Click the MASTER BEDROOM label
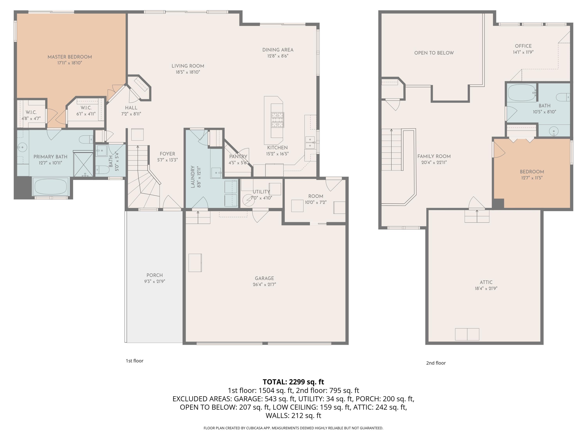(70, 57)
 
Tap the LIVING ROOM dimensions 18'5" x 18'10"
(188, 72)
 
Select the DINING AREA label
(278, 50)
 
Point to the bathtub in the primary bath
(51, 186)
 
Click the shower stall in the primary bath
(83, 164)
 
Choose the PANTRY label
(238, 157)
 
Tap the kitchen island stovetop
(277, 120)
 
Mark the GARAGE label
(264, 278)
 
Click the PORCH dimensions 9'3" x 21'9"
(155, 281)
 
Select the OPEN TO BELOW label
(434, 53)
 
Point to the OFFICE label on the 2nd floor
(523, 46)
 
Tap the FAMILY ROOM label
(434, 156)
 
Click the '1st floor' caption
(135, 361)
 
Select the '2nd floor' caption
(436, 363)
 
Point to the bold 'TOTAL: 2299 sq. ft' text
(293, 382)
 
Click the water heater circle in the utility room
(249, 200)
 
